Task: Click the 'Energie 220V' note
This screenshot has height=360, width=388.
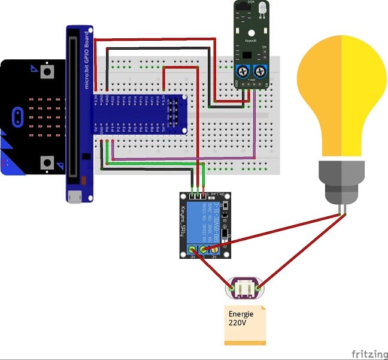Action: click(x=244, y=324)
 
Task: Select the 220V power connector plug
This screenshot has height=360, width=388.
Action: click(x=244, y=288)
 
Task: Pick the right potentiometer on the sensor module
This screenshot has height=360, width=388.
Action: click(x=261, y=71)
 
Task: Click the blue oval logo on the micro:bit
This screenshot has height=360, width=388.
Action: click(x=19, y=113)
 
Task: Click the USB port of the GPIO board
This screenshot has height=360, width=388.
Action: click(x=74, y=196)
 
